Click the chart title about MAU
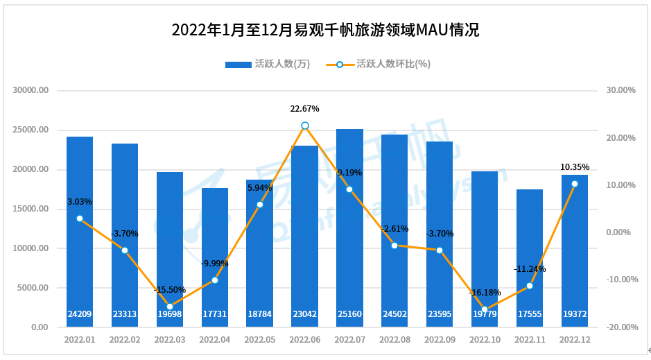point(325,31)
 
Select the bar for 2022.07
point(349,229)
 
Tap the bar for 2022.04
point(214,257)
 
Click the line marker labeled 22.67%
point(304,126)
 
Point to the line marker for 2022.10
point(485,309)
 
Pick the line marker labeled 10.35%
point(574,184)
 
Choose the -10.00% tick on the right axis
point(619,280)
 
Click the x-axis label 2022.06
point(304,341)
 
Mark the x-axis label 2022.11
point(530,341)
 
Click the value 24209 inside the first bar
point(80,314)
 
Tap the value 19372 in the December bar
point(574,314)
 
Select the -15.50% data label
point(170,289)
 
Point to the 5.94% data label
point(260,187)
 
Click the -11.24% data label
point(530,268)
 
